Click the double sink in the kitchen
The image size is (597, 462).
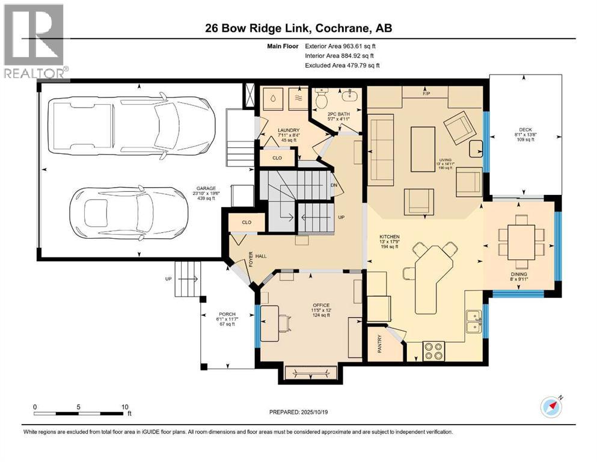(x=474, y=321)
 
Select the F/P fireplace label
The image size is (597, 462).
(x=427, y=94)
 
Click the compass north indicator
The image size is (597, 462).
(x=551, y=407)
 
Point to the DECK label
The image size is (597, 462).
(x=525, y=129)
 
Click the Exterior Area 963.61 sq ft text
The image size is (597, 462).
(x=342, y=46)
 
